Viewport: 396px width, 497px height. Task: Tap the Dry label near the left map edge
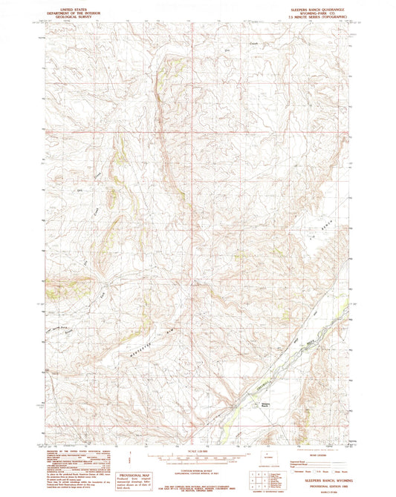[79, 191]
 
